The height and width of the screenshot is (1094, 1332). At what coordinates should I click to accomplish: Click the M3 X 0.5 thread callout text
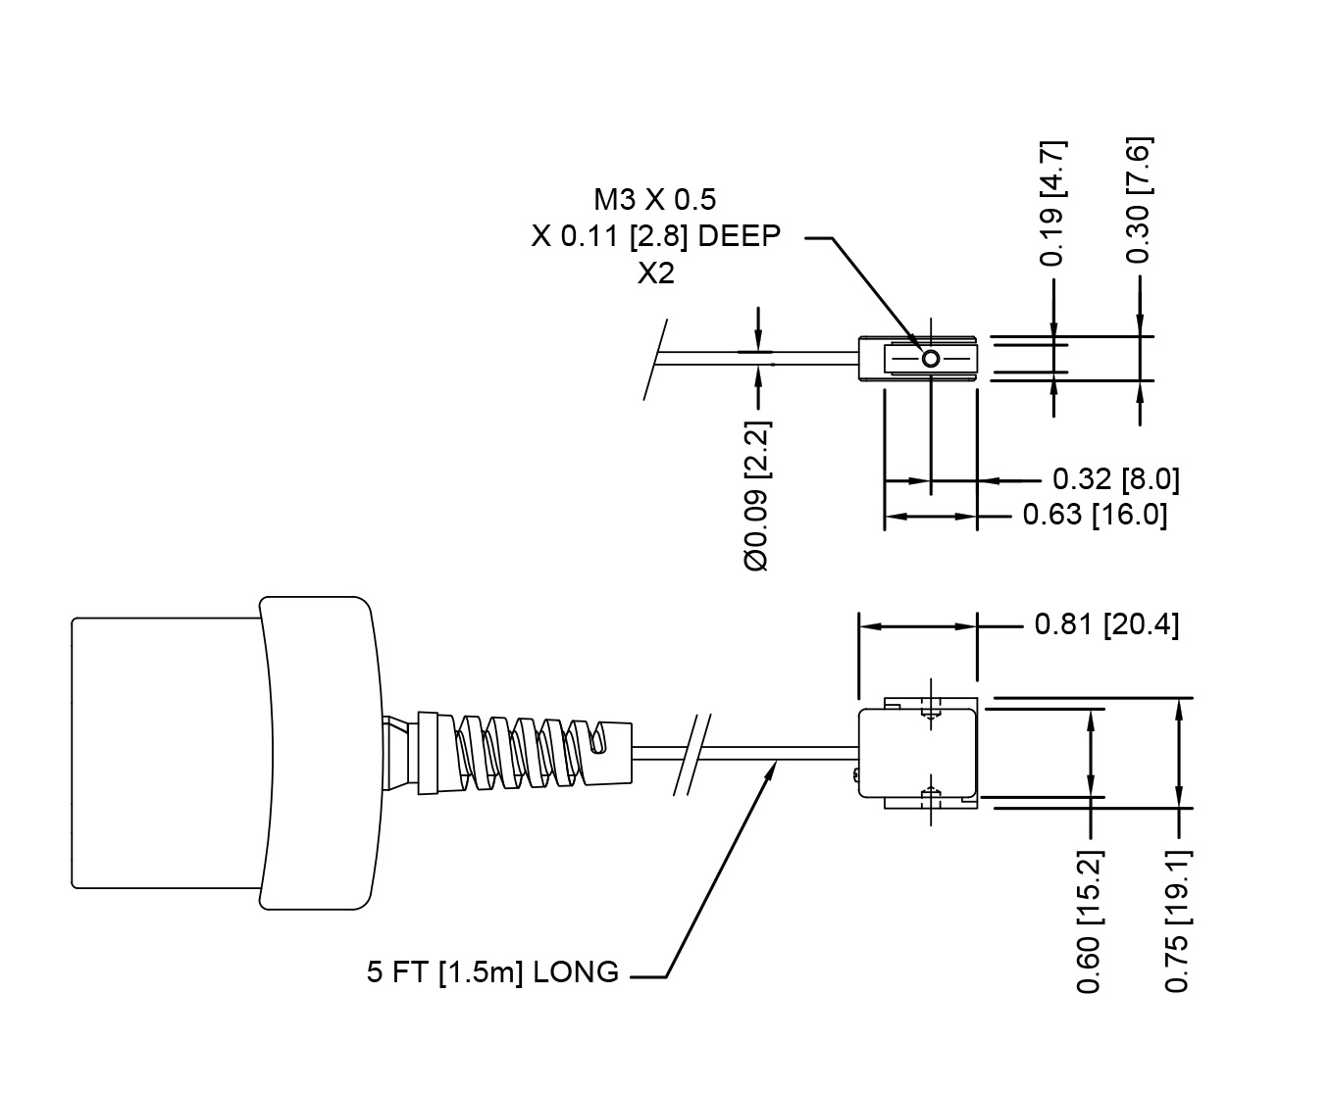point(654,200)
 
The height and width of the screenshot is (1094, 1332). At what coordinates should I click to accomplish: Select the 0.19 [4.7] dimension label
point(1053,204)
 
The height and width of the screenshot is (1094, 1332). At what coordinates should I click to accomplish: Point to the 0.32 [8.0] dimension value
point(1115,479)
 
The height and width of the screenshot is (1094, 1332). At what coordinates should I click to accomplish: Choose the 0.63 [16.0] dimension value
point(1095,515)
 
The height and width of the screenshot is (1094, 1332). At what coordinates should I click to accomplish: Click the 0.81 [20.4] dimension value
point(1106,624)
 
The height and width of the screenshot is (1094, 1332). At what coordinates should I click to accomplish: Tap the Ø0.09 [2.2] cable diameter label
point(757,496)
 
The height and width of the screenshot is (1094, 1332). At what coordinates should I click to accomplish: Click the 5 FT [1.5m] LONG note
point(492,972)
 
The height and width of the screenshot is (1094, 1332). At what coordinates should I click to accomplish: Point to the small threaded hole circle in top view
point(930,359)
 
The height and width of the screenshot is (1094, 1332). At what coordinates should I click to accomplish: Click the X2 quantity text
point(656,274)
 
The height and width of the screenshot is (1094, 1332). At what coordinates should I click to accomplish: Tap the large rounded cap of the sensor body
point(317,752)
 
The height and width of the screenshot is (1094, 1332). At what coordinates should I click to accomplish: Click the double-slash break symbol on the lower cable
point(692,754)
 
